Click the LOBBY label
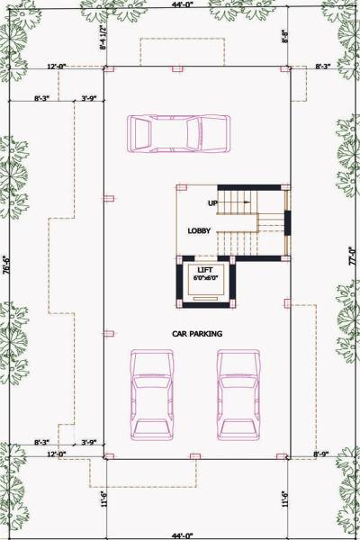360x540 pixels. click(x=200, y=231)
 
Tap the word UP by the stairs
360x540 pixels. click(x=213, y=202)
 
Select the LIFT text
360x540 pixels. click(x=204, y=269)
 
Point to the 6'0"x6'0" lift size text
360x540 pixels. click(x=204, y=278)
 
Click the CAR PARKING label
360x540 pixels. click(x=197, y=334)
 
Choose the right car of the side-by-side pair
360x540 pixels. click(x=238, y=394)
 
